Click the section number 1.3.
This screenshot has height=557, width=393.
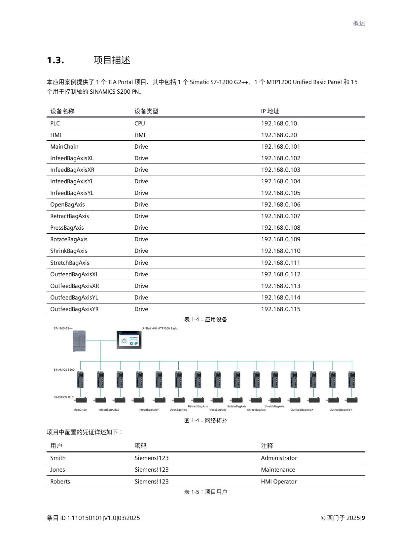[55, 61]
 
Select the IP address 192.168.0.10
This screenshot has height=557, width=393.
[279, 123]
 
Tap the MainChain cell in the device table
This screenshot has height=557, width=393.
[64, 147]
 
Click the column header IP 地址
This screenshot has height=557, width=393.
[270, 111]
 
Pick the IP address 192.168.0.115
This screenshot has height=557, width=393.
[280, 309]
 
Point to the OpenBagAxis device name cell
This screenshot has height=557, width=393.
[67, 205]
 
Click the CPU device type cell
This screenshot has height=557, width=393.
[140, 123]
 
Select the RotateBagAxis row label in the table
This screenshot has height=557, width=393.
[69, 239]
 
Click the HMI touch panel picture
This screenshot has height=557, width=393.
[129, 340]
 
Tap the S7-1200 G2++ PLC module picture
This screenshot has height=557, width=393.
[79, 341]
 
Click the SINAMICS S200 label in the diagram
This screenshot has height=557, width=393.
[64, 369]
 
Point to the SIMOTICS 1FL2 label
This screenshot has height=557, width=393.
[64, 397]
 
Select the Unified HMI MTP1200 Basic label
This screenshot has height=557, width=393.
[160, 328]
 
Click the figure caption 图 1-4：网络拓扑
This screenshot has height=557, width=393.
[205, 420]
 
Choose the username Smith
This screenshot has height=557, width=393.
[58, 458]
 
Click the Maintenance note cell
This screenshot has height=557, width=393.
[278, 470]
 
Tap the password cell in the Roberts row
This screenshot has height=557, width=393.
[151, 482]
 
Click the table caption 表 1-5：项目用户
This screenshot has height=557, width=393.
[205, 492]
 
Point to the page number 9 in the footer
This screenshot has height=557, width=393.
[363, 518]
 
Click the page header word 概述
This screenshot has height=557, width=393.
[359, 23]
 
